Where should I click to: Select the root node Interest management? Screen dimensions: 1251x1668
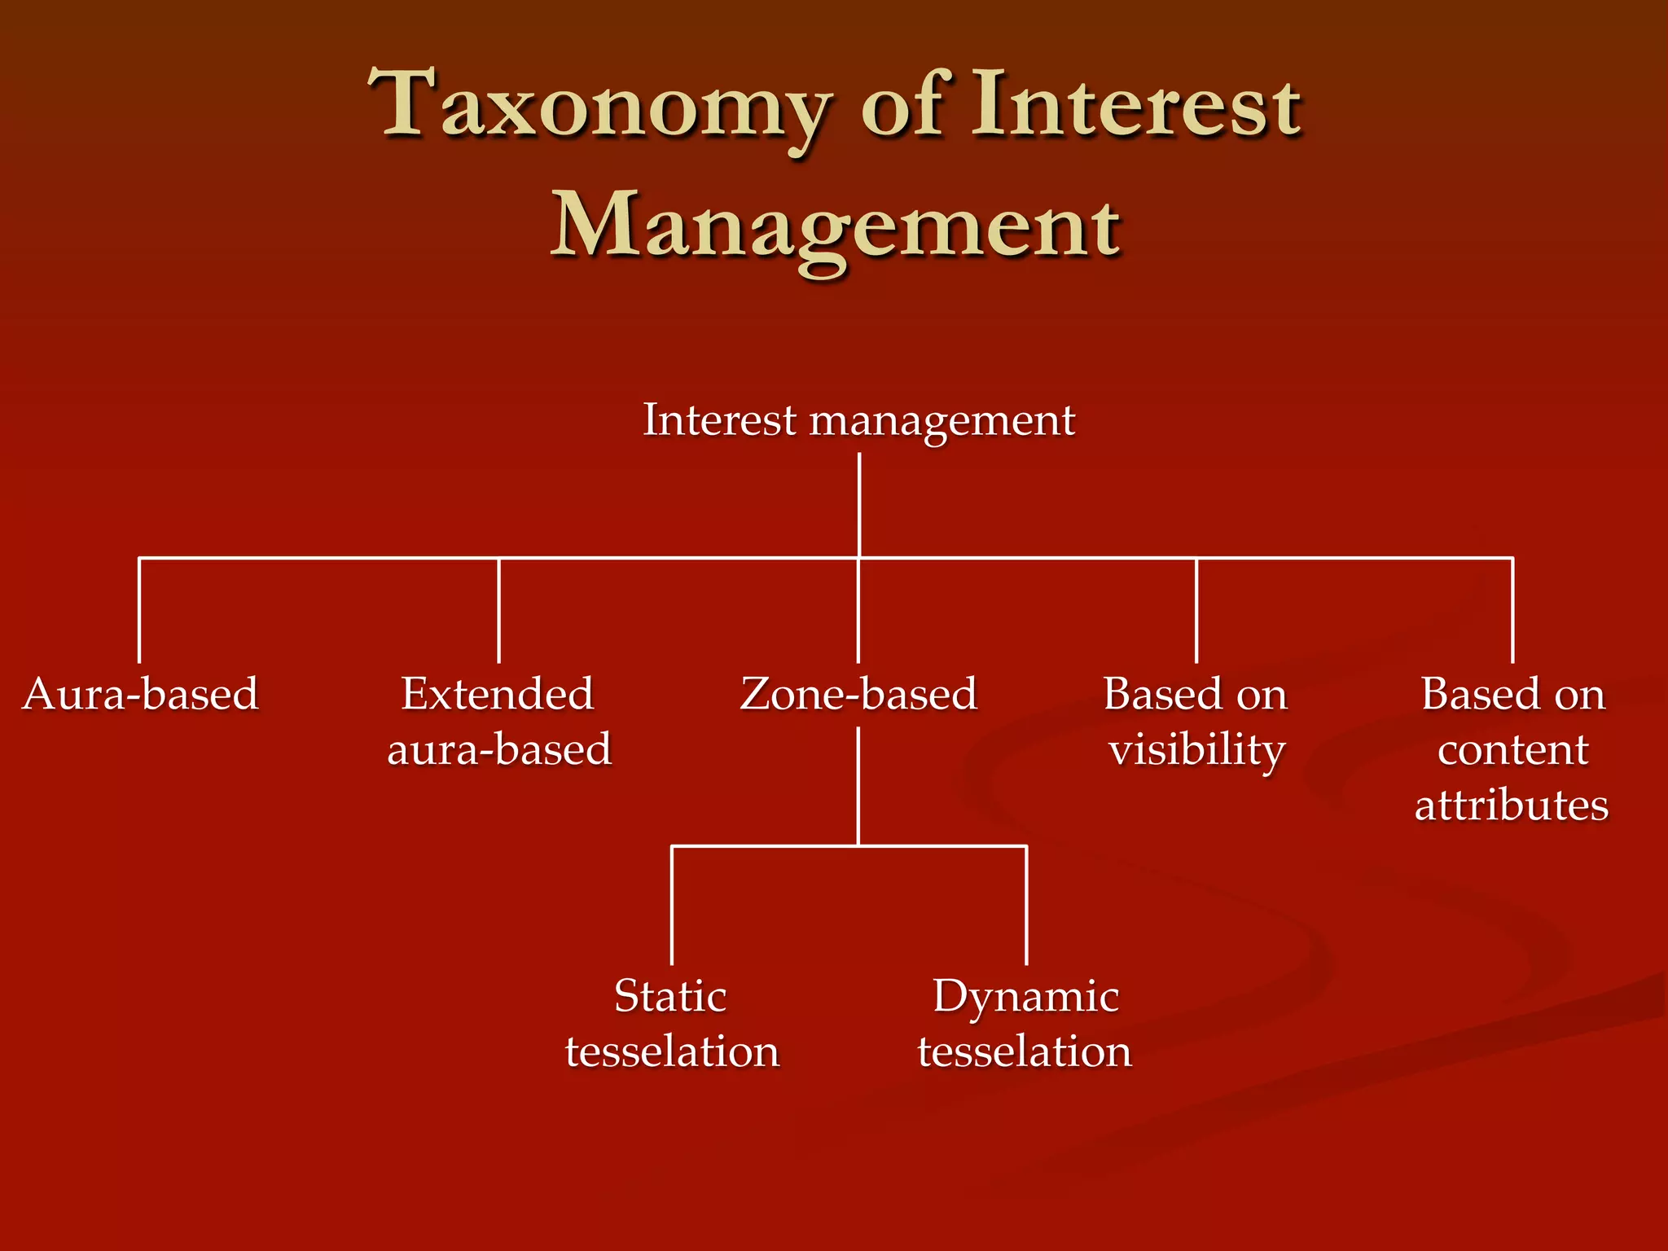(x=858, y=420)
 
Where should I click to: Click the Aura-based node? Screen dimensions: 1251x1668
(x=140, y=695)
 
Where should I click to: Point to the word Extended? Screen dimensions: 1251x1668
(x=497, y=695)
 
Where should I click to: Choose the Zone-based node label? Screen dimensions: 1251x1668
(x=858, y=695)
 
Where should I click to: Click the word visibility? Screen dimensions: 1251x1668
(x=1196, y=750)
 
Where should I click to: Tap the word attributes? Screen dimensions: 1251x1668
(x=1512, y=805)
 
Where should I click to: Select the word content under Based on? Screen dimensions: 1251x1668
(x=1512, y=750)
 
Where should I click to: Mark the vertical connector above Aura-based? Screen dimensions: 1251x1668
(x=139, y=611)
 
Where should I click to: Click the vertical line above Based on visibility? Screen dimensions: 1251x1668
(x=1196, y=611)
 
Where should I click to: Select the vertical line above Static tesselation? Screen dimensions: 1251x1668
(x=672, y=904)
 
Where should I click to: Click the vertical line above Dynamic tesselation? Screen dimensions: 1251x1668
(x=1026, y=904)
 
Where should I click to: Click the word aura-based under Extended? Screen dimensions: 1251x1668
(x=499, y=750)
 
